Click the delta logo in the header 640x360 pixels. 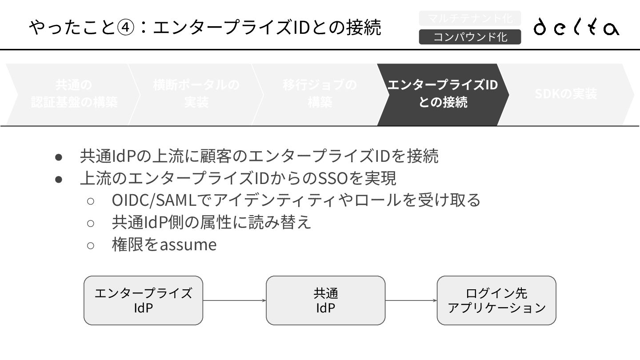point(576,27)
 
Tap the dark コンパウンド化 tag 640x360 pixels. point(470,37)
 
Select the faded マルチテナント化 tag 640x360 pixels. point(470,18)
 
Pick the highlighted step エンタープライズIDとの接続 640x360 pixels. point(443,94)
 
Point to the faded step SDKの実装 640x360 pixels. point(565,94)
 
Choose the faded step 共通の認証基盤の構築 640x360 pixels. point(74,94)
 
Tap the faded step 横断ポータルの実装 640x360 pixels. point(196,94)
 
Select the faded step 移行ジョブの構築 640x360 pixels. point(320,94)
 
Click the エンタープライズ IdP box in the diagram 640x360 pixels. point(143,300)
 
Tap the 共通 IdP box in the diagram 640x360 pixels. point(325,300)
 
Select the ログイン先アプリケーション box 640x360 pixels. point(496,300)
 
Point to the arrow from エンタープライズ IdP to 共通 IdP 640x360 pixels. point(234,300)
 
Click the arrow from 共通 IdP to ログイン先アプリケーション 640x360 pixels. point(411,300)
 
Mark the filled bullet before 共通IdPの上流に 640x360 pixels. point(58,157)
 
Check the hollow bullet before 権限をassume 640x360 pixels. point(90,245)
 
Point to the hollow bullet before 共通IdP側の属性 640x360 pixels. point(90,223)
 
